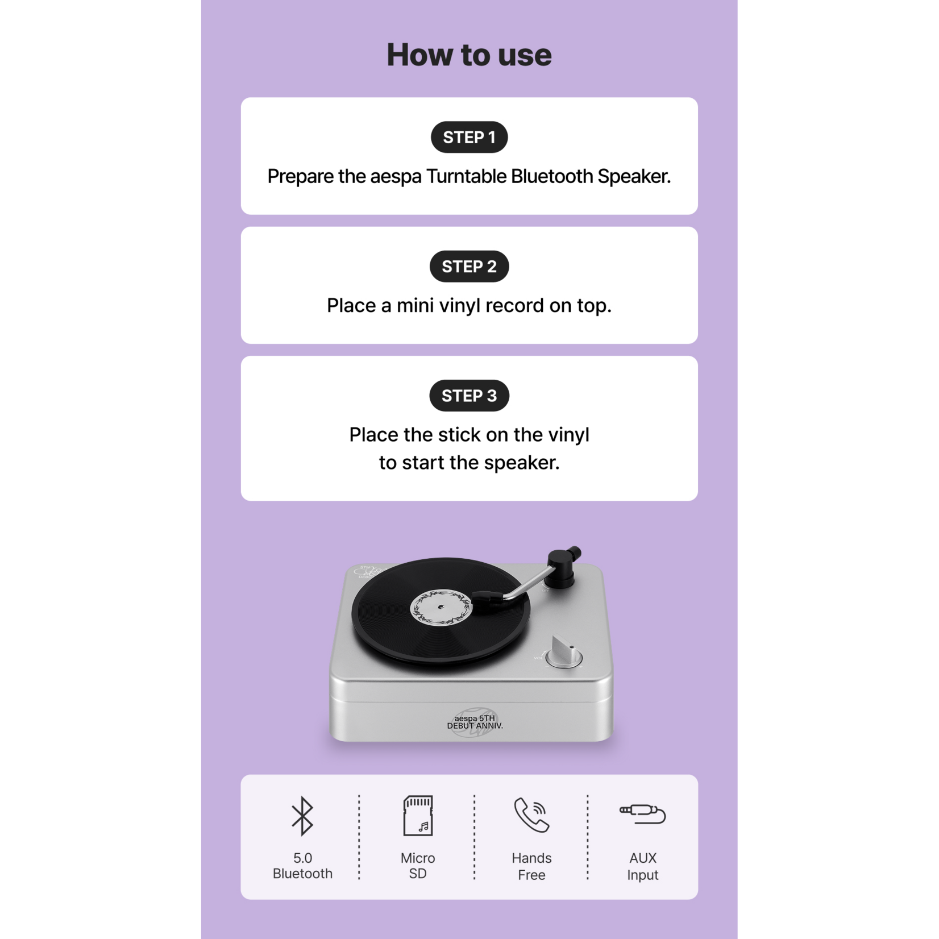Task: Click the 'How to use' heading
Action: [469, 55]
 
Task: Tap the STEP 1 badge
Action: [469, 137]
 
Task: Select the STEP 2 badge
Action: [469, 266]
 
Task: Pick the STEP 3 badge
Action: [469, 396]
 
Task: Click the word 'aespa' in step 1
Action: [396, 177]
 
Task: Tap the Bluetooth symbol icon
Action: [302, 816]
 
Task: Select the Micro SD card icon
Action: [418, 816]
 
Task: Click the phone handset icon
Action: [531, 816]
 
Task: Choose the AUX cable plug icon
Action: [642, 814]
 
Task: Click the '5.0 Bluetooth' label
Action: [302, 866]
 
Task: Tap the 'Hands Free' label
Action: [531, 866]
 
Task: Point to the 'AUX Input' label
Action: [643, 866]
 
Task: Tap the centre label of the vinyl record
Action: [441, 608]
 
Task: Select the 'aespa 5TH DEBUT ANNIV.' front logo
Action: [475, 722]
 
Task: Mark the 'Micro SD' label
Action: [418, 866]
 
